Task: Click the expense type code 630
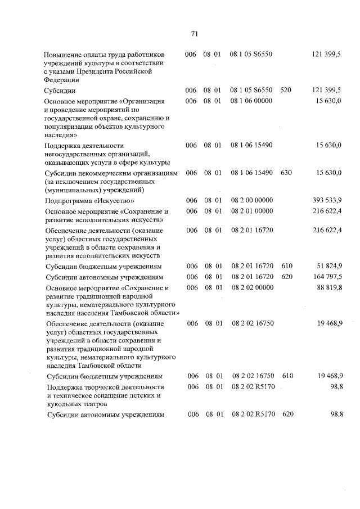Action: click(286, 173)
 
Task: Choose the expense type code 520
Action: click(286, 90)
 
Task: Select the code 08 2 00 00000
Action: click(251, 200)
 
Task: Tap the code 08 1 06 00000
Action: click(251, 101)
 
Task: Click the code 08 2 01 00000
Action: click(251, 211)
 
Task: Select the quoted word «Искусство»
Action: click(115, 201)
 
